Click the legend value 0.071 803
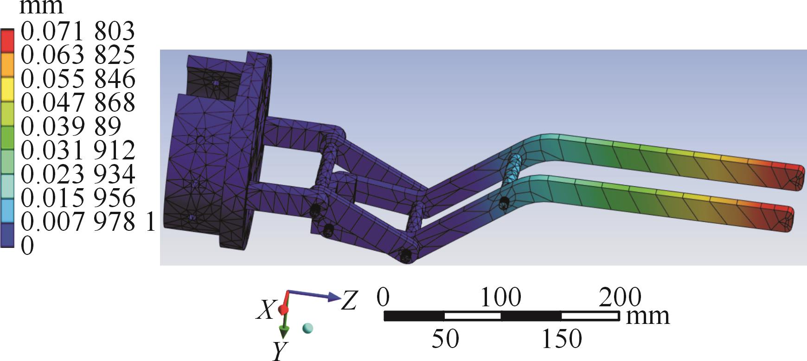(78, 32)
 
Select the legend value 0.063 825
(78, 56)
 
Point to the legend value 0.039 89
(71, 127)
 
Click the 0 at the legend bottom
(28, 245)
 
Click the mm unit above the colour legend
(42, 6)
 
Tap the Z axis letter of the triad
(349, 301)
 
